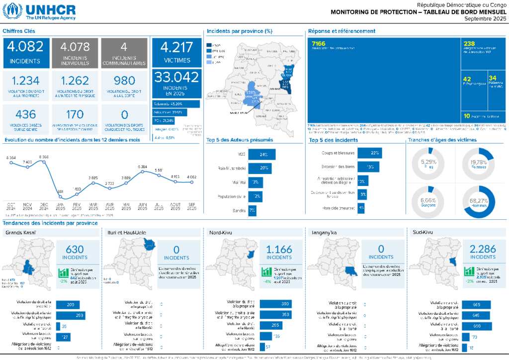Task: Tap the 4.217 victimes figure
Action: (176, 48)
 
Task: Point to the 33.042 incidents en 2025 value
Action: (176, 77)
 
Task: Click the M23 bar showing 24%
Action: (261, 154)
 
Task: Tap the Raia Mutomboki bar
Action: (259, 168)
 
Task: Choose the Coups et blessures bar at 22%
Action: (369, 153)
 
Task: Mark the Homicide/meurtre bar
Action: (361, 208)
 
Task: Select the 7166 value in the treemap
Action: (319, 43)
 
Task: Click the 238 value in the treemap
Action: (469, 43)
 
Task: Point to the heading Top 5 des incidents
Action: (333, 140)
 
